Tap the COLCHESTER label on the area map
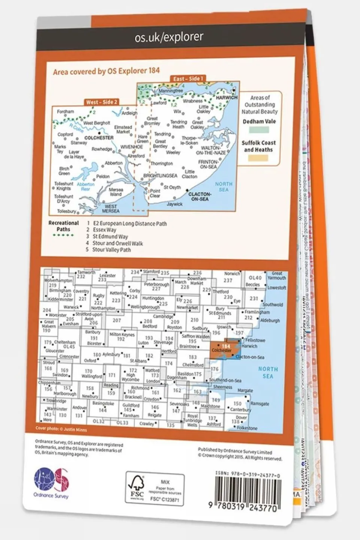pos(99,138)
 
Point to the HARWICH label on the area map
pos(227,98)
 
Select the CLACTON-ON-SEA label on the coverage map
pos(199,196)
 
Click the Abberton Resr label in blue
pos(86,187)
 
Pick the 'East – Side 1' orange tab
pos(188,79)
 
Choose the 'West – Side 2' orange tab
pos(102,102)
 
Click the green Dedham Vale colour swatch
pos(259,130)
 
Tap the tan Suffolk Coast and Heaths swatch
pos(259,158)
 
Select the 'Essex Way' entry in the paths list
pos(104,230)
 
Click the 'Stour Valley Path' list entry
pos(111,250)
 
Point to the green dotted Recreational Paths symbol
pos(63,235)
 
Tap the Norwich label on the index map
pos(232,274)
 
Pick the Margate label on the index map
pos(245,391)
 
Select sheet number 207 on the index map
pos(117,320)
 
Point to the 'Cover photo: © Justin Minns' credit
pos(61,429)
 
